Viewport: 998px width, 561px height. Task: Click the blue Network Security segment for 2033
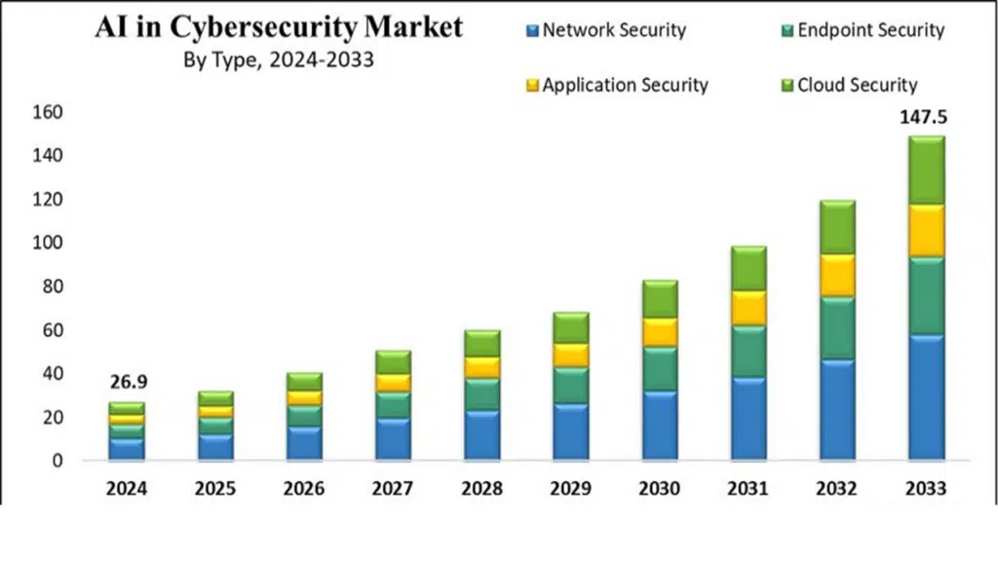[x=926, y=397]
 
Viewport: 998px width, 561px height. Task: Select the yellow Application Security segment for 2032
[x=837, y=276]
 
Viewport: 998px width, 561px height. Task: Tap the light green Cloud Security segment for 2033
[x=926, y=170]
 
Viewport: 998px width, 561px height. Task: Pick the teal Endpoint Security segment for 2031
[x=748, y=352]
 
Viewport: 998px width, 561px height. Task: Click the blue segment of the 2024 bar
[x=126, y=449]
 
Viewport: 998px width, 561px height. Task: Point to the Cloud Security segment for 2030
[x=660, y=299]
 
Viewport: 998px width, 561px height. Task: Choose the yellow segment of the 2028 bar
[x=481, y=367]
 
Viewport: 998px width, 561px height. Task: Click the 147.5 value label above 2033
[x=923, y=117]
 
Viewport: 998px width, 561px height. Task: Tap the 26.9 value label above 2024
[x=129, y=382]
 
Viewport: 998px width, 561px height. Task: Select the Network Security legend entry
[x=606, y=30]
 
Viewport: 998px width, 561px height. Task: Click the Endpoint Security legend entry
[x=864, y=30]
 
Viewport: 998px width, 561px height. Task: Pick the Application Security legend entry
[x=617, y=86]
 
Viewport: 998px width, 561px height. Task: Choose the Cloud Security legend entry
[x=850, y=85]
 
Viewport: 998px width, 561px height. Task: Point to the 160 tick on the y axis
[x=48, y=112]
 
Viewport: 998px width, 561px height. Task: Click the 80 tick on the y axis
[x=53, y=286]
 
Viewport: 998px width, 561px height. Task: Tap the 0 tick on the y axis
[x=58, y=461]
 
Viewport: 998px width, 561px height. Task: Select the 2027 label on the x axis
[x=393, y=489]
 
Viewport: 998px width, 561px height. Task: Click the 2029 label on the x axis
[x=571, y=489]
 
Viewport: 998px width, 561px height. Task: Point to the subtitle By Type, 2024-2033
[x=279, y=59]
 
